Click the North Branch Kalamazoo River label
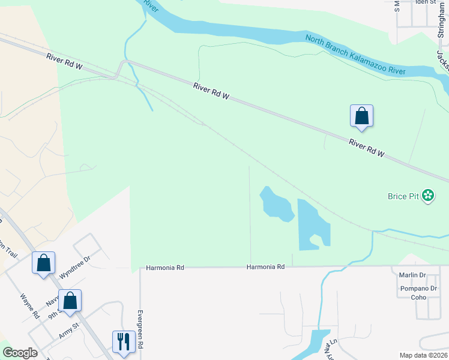(355, 55)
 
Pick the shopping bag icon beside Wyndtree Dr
(43, 263)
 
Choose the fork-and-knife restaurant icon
(124, 341)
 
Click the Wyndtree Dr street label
(74, 267)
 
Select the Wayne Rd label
(29, 305)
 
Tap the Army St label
(68, 331)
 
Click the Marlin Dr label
(412, 275)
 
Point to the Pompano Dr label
(412, 289)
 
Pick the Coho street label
(418, 298)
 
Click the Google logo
(20, 353)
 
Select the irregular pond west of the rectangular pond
(276, 205)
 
